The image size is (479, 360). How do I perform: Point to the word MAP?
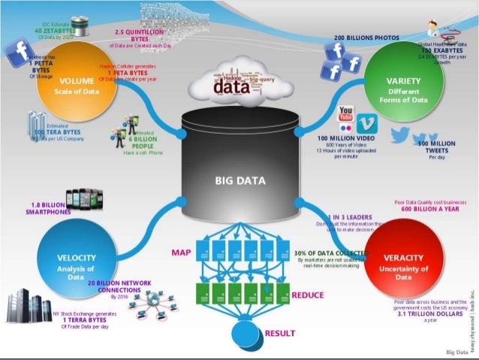pyautogui.click(x=180, y=252)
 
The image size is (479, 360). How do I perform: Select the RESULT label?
pyautogui.click(x=279, y=332)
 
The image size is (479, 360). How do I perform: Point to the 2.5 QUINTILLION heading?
pyautogui.click(x=140, y=32)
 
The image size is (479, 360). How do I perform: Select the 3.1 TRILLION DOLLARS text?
pyautogui.click(x=430, y=314)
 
